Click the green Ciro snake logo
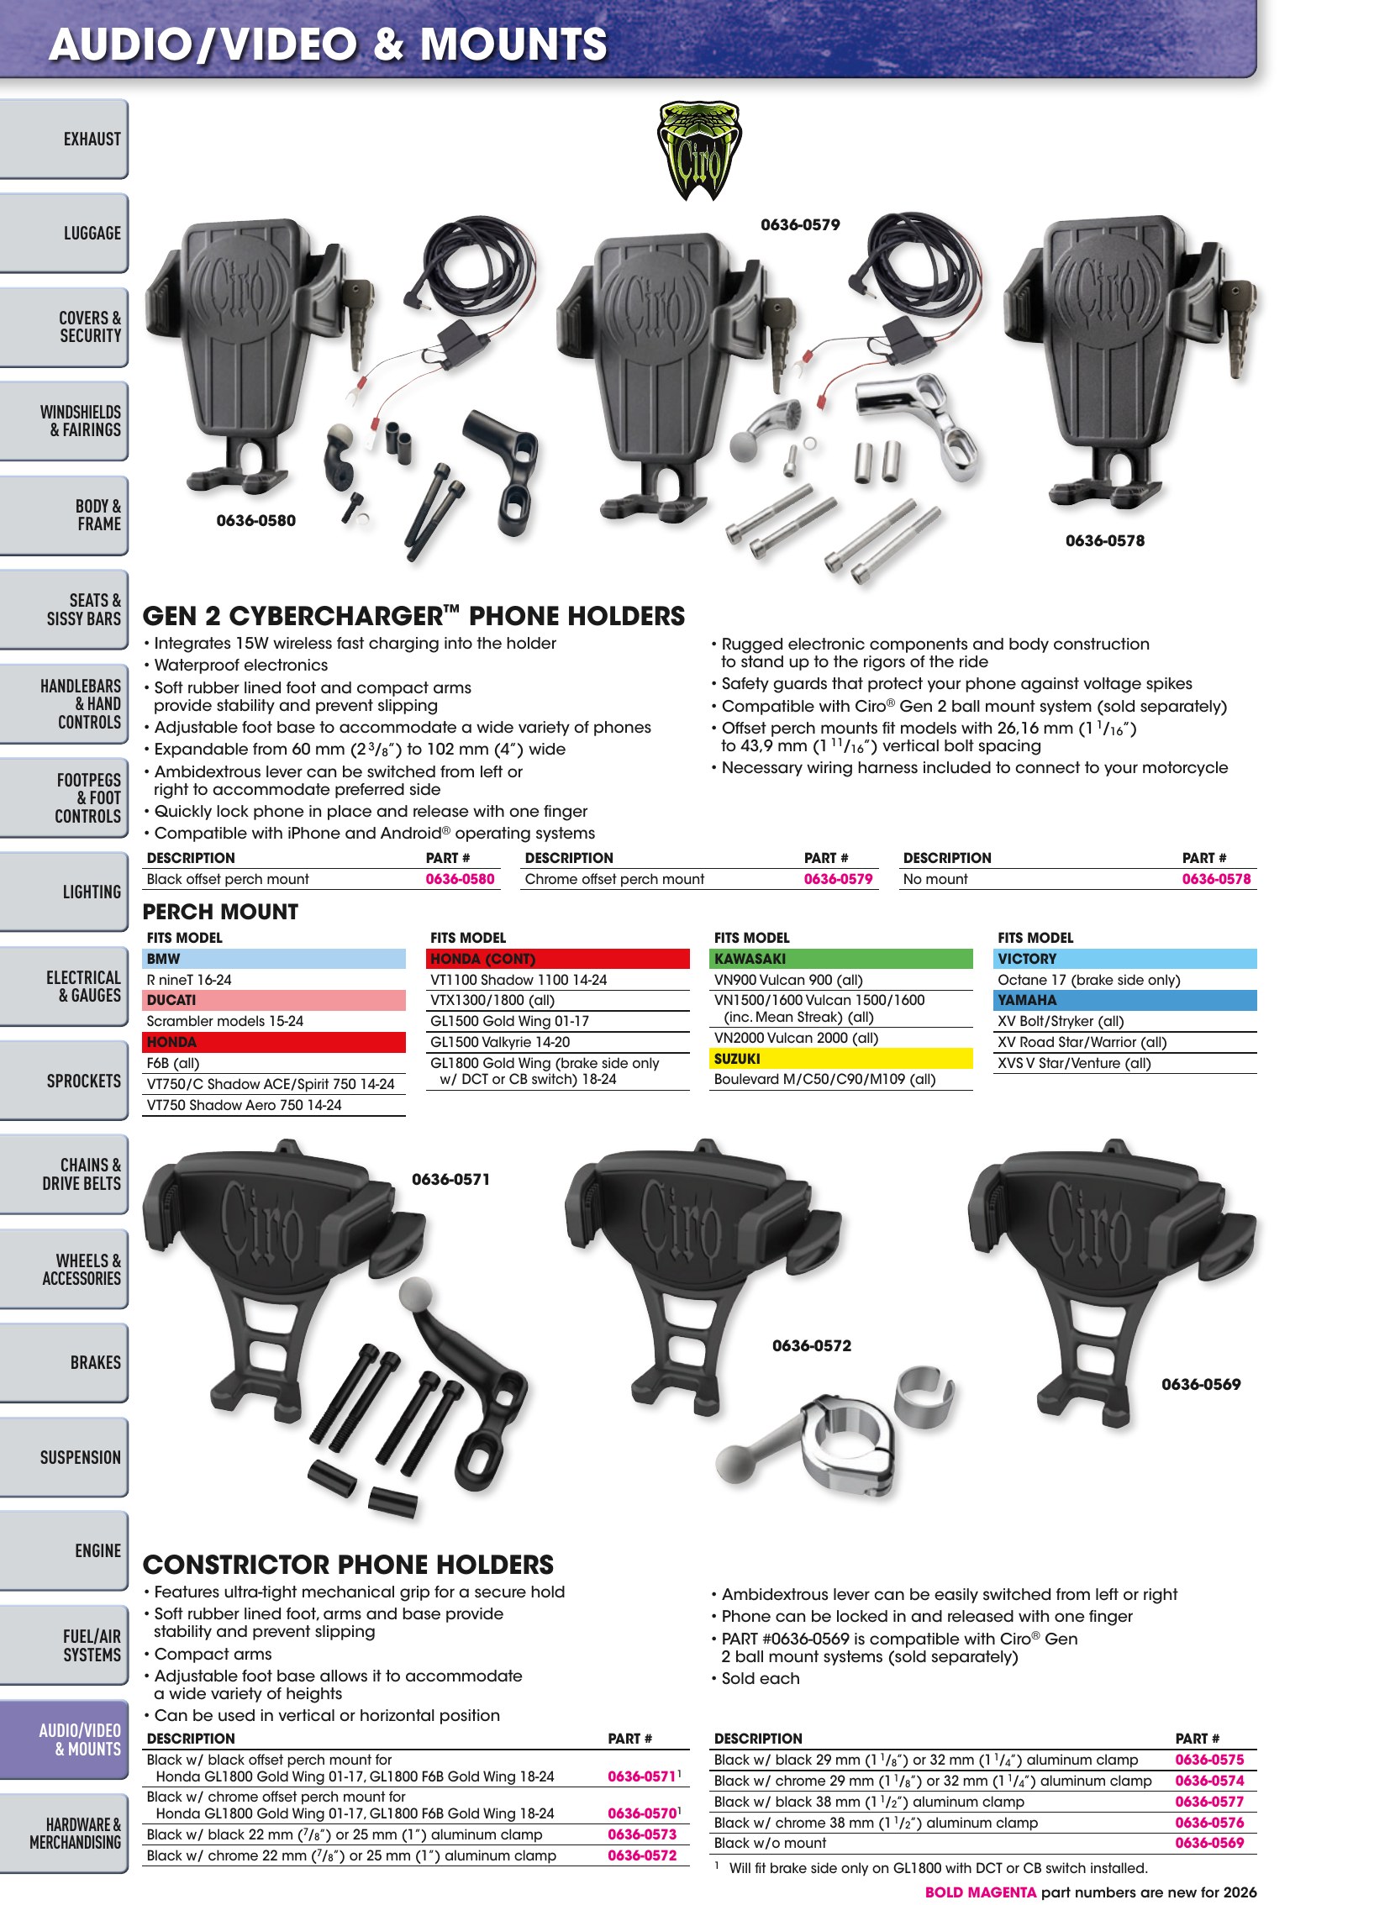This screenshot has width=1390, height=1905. click(x=698, y=150)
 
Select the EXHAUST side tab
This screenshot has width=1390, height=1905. click(x=64, y=139)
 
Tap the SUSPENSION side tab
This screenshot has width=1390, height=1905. click(x=64, y=1457)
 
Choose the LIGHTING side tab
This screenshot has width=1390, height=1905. click(x=64, y=892)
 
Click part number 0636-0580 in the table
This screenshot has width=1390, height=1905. click(x=460, y=879)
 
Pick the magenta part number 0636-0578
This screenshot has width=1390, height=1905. click(x=1216, y=879)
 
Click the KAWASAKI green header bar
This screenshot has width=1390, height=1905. click(x=842, y=959)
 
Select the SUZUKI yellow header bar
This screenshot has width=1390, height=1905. click(x=842, y=1059)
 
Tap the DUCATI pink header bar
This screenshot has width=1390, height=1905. click(x=274, y=1000)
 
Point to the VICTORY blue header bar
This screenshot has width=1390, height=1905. click(x=1126, y=959)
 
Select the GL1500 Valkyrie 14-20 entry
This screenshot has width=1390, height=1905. click(x=500, y=1042)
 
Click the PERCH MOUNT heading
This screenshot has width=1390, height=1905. click(x=220, y=912)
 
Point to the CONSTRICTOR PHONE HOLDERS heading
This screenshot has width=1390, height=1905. click(x=349, y=1565)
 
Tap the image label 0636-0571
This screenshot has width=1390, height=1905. click(x=451, y=1180)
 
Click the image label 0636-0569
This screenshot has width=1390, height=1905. click(x=1201, y=1385)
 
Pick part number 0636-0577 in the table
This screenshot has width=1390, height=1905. click(x=1209, y=1802)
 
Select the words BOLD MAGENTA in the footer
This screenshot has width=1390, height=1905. click(x=980, y=1892)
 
